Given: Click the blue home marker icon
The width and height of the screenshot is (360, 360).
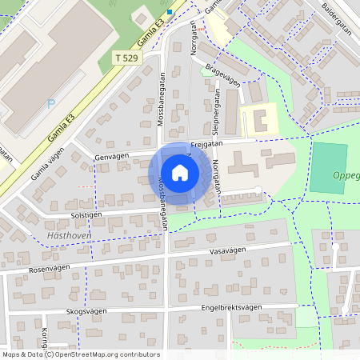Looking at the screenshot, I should [180, 172].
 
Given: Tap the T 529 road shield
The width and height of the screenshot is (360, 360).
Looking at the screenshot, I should [126, 58].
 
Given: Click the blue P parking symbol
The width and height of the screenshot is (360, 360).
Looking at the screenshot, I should [52, 104].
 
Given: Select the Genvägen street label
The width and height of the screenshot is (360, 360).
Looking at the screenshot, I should [110, 157].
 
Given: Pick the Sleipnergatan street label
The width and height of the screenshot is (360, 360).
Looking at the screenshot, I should [216, 112].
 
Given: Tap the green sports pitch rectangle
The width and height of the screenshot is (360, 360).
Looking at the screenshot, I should [329, 167].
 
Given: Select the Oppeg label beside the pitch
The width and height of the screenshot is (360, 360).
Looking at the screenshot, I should [346, 176].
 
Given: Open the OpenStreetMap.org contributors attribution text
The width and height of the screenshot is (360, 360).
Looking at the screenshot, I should [102, 354].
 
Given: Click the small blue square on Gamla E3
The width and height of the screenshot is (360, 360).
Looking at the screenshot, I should [170, 11].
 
